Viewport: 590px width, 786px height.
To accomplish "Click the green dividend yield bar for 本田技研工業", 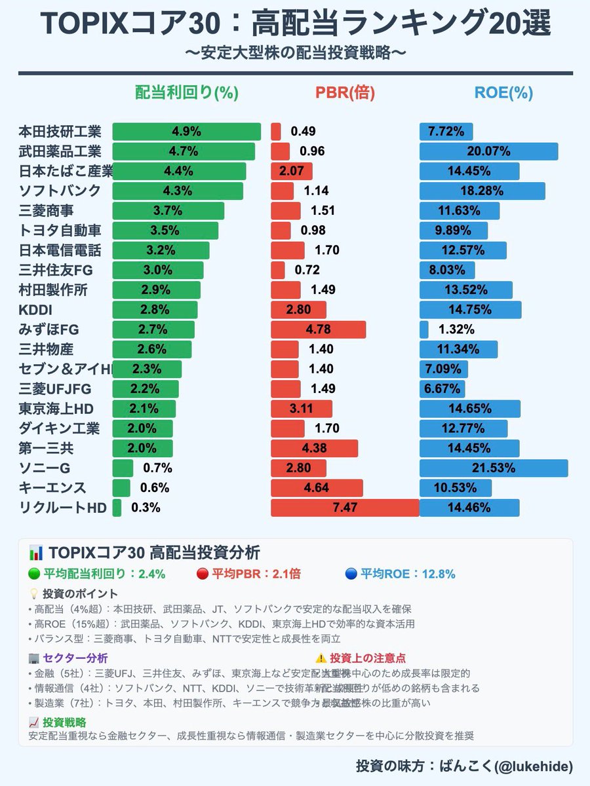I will tap(186, 132).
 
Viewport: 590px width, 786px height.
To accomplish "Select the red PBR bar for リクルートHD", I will tap(345, 508).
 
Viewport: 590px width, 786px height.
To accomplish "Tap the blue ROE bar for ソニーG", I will tap(494, 468).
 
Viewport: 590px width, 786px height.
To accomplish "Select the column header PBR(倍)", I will tap(345, 93).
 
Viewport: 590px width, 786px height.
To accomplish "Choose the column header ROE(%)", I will tap(503, 93).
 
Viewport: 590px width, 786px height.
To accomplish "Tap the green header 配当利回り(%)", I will tap(186, 93).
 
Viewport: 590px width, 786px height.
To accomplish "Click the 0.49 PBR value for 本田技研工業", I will tap(304, 132).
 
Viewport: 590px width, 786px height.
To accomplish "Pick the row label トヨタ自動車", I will tap(60, 231).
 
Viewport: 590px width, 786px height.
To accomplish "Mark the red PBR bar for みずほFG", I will tap(319, 329).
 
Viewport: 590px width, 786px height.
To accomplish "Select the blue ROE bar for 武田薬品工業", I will tap(488, 151).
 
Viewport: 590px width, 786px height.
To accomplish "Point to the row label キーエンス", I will tap(53, 488).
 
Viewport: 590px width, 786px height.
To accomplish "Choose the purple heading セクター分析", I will tap(75, 658).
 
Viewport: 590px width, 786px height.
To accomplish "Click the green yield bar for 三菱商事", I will tap(168, 211).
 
